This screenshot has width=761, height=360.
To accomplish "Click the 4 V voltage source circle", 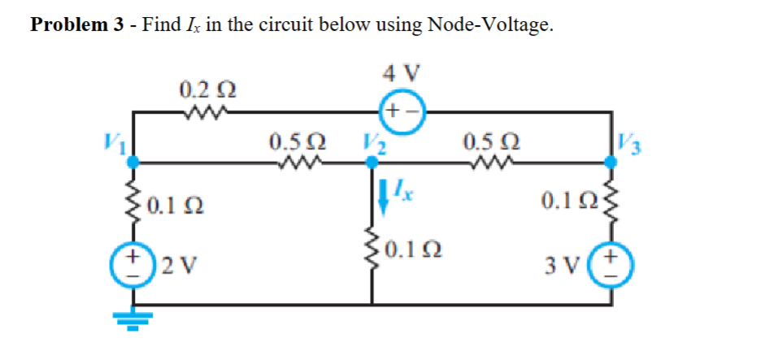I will point(401,110).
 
